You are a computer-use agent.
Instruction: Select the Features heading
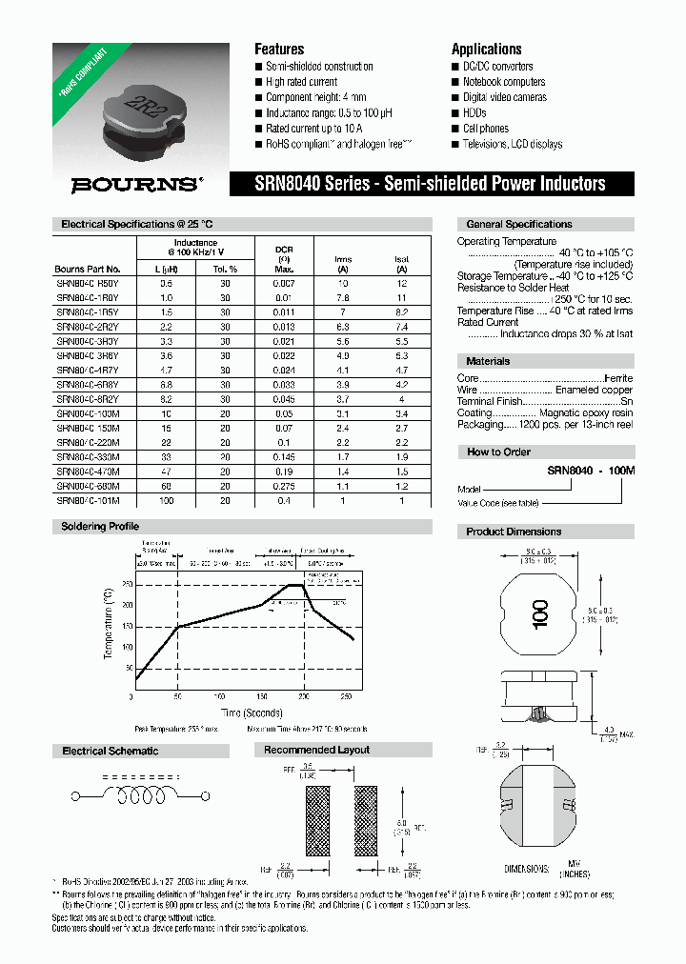pyautogui.click(x=279, y=49)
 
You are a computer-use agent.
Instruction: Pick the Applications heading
pyautogui.click(x=486, y=49)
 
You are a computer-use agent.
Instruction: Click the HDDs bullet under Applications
pyautogui.click(x=474, y=112)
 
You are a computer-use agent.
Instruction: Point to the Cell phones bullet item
pyautogui.click(x=485, y=129)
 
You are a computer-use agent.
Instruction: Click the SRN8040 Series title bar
pyautogui.click(x=429, y=183)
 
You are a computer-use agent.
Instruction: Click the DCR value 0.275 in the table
pyautogui.click(x=284, y=486)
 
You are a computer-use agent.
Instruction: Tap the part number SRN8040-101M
pyautogui.click(x=94, y=500)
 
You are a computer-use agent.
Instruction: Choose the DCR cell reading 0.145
pyautogui.click(x=284, y=457)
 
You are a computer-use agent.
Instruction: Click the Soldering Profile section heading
pyautogui.click(x=100, y=527)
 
